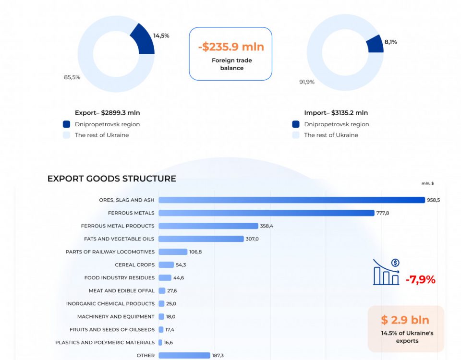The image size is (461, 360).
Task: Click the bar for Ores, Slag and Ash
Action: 291,200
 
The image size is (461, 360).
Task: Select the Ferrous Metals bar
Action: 266,213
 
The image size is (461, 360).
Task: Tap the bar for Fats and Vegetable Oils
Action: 201,239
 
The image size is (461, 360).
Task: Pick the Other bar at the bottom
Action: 184,355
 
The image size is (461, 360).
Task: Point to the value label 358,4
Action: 267,226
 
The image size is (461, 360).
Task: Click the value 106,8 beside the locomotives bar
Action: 195,252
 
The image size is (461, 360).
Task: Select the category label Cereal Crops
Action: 134,264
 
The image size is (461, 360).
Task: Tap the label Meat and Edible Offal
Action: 121,290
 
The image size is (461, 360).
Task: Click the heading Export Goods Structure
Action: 111,179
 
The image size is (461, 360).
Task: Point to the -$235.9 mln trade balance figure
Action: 231,47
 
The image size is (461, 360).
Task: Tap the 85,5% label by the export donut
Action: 72,77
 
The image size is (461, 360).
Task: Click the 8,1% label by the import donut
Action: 390,42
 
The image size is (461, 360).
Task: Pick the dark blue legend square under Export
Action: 66,124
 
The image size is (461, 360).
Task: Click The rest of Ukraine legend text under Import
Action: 331,135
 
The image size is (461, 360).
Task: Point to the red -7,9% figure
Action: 420,279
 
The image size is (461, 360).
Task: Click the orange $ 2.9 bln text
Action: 405,320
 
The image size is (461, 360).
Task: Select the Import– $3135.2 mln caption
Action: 336,113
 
